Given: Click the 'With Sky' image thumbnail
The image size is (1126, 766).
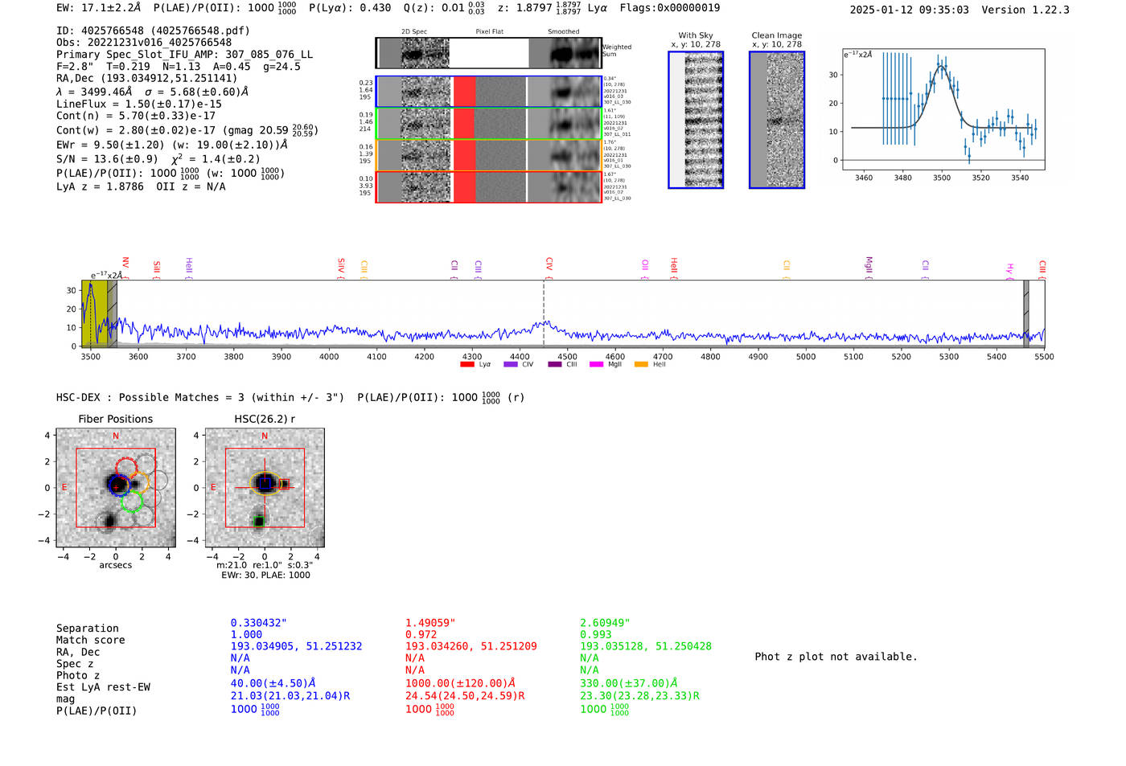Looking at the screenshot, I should coord(696,120).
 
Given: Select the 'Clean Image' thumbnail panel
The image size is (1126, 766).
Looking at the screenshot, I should coord(777,120).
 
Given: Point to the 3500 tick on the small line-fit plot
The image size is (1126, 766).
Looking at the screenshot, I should coord(942,178).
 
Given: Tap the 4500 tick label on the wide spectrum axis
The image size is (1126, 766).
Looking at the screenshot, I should coord(567,356).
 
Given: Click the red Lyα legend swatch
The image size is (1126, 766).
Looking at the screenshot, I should coord(467,364).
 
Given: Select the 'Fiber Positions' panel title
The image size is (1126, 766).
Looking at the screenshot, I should coord(115,419).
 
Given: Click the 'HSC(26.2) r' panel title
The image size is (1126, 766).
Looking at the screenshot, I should coord(265,419).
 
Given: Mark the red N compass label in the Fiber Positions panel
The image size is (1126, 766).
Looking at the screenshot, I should coord(116,436).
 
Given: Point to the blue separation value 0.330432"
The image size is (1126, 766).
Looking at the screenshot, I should coord(258,623).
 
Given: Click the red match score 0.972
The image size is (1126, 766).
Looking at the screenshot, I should coord(421,634).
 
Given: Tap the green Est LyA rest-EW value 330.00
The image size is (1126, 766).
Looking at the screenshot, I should coord(628,683).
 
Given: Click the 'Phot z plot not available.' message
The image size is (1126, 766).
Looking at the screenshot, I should coord(836,657).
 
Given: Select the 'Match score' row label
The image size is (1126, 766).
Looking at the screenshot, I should coord(90,640).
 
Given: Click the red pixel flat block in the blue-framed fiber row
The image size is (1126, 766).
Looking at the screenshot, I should coord(464,92).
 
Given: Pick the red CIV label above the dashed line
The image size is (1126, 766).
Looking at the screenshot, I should coord(549,264).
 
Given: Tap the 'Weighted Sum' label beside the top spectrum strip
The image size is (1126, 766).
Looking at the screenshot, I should coord(617,51).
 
